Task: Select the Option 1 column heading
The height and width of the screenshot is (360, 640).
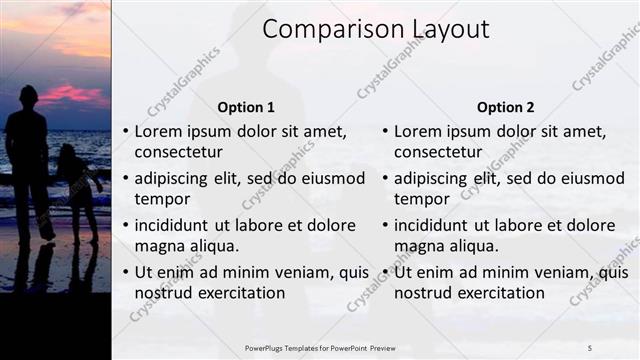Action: coord(246,107)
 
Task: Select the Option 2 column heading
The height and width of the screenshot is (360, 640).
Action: coord(505,107)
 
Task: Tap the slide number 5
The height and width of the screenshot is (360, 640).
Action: coord(590,347)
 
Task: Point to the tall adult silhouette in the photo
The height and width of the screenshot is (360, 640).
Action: coord(29,160)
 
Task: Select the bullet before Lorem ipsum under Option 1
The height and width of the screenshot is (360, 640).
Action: coord(125,131)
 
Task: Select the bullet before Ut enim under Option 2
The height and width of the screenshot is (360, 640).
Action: coord(385,272)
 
